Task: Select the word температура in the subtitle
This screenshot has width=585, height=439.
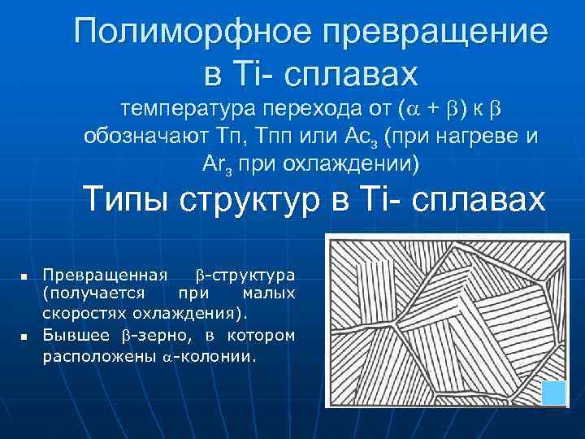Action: pos(191,106)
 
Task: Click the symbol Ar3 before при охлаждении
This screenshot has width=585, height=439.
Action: pos(215,164)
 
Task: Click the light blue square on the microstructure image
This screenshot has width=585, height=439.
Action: pos(553,393)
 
